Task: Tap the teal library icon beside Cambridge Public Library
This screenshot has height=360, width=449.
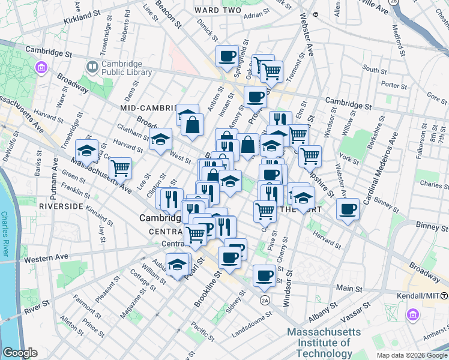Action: point(93,66)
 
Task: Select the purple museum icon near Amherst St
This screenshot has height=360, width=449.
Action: point(412,314)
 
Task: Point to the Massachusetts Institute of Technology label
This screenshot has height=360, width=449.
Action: point(324,343)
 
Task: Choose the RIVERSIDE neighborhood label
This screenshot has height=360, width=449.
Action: point(61,206)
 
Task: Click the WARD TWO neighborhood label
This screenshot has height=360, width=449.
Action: point(215,11)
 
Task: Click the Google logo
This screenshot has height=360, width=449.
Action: point(20,353)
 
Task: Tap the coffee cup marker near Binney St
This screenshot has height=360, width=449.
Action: point(348,210)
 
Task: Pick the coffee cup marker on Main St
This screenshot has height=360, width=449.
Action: point(264,276)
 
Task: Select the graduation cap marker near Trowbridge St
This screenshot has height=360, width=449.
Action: point(86,151)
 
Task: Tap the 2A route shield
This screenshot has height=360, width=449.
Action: point(265,299)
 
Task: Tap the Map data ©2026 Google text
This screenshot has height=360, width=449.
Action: point(412,355)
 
